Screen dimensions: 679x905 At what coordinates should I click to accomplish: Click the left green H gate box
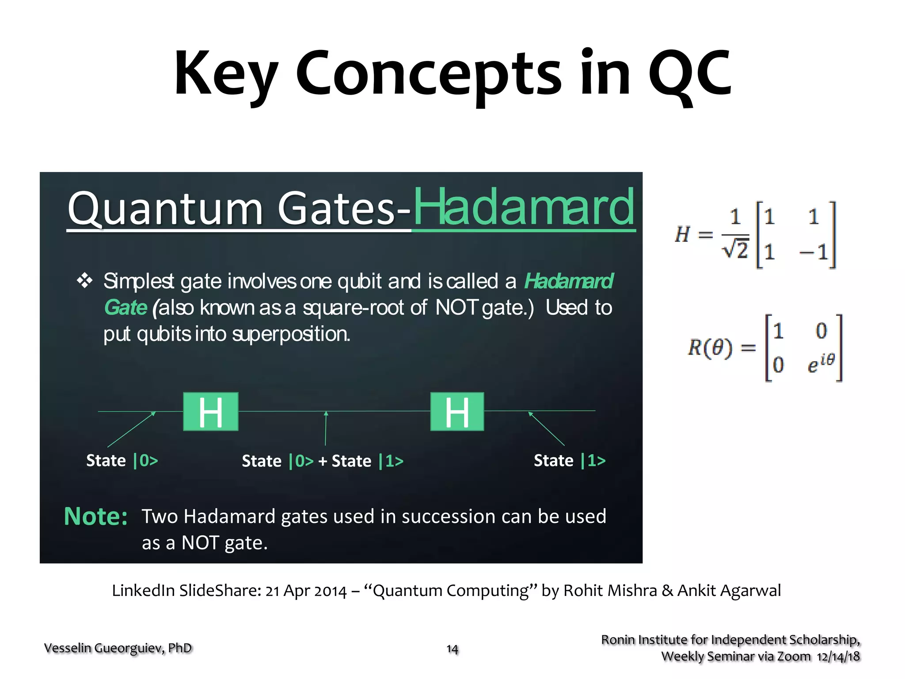point(211,412)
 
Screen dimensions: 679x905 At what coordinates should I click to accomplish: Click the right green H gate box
point(457,412)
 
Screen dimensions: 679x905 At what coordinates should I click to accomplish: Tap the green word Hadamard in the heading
point(524,207)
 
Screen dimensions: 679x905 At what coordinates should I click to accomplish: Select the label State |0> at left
point(122,461)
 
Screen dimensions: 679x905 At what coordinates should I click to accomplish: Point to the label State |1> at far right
point(569,461)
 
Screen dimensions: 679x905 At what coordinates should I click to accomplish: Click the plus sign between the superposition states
point(323,462)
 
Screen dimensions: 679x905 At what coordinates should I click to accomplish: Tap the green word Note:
point(95,516)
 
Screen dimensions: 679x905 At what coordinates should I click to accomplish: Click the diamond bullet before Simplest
point(84,281)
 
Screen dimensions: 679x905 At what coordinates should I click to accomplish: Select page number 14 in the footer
point(452,649)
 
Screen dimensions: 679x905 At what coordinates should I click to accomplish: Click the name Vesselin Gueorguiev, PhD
point(118,648)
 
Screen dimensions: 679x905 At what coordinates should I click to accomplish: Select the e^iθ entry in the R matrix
point(821,363)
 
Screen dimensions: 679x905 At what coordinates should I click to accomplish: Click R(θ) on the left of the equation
point(710,348)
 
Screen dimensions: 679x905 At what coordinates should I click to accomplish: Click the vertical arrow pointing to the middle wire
point(326,428)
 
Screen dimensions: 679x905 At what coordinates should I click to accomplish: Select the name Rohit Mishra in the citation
point(610,591)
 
